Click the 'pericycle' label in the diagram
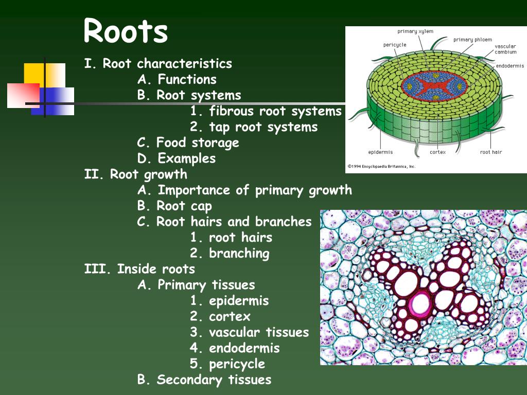[395, 45]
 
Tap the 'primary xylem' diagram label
[415, 31]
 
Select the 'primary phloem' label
[472, 40]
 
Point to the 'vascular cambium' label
[505, 49]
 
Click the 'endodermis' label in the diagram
[510, 66]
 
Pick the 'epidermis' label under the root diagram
[380, 152]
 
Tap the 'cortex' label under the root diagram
[437, 152]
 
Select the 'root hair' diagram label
[490, 152]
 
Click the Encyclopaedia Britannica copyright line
[381, 166]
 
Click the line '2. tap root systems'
[254, 127]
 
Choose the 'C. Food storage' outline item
[188, 142]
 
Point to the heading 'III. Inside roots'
[139, 269]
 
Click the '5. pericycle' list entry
[227, 364]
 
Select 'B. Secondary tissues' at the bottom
[204, 380]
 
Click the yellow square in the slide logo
[33, 73]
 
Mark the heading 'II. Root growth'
[135, 174]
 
